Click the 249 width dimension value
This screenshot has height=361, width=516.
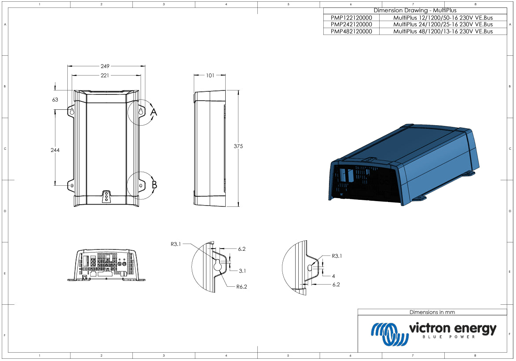click(x=105, y=66)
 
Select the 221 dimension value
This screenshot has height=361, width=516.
click(x=105, y=75)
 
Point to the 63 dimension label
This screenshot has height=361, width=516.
click(x=55, y=100)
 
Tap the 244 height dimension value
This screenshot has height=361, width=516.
click(x=55, y=150)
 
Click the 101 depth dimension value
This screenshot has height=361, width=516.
click(x=210, y=75)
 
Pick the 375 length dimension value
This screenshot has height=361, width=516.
click(x=238, y=146)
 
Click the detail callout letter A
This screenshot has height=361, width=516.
click(x=154, y=113)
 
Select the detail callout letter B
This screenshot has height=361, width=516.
click(x=154, y=185)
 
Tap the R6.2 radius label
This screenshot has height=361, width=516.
click(x=241, y=287)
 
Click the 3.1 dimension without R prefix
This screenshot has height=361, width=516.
click(x=242, y=271)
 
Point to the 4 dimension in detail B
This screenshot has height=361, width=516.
click(x=333, y=276)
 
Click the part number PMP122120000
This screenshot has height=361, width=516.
click(x=351, y=18)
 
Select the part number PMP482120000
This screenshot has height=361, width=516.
click(x=351, y=32)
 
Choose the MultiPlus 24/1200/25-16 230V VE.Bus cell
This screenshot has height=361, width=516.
click(x=443, y=25)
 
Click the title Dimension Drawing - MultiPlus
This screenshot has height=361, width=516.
click(x=415, y=11)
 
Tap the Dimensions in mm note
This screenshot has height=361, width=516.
click(x=432, y=312)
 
